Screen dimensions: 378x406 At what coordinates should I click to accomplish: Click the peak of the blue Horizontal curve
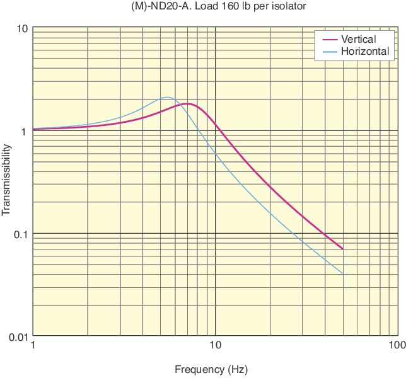coord(167,97)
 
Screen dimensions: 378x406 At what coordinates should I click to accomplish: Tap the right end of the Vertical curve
coord(342,249)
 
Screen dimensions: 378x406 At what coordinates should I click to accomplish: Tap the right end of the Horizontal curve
coord(342,273)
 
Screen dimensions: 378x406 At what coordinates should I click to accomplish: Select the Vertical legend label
coord(358,40)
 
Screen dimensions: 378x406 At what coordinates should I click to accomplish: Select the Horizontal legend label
coord(365,51)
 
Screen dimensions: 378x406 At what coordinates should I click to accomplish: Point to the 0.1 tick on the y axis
coord(19,234)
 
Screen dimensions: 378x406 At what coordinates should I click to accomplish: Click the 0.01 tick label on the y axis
coord(17,337)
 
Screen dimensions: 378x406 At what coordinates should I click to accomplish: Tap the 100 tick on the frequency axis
coord(397,345)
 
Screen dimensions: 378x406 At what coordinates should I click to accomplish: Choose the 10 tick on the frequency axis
coord(215,345)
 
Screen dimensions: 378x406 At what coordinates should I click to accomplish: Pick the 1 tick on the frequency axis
coord(33,345)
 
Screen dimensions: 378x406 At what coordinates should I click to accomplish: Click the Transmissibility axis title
coord(7,180)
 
